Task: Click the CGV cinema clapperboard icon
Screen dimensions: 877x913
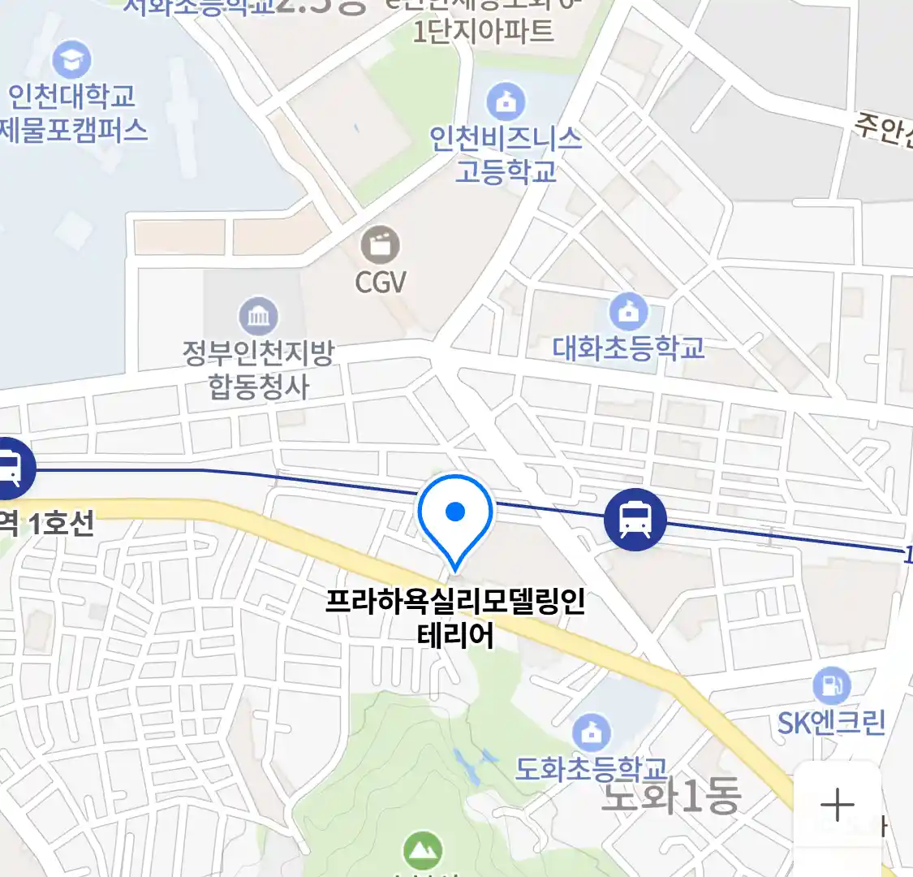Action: pyautogui.click(x=380, y=245)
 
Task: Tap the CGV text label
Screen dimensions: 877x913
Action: pyautogui.click(x=380, y=282)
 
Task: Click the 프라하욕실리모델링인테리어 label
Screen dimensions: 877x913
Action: pyautogui.click(x=455, y=618)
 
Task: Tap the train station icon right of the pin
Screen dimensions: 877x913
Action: pyautogui.click(x=635, y=520)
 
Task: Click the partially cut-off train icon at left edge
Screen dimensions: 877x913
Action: pyautogui.click(x=11, y=469)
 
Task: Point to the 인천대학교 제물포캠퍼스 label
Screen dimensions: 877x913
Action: pyautogui.click(x=73, y=113)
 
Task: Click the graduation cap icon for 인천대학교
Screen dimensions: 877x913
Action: pyautogui.click(x=71, y=59)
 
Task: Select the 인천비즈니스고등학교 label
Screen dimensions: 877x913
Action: pyautogui.click(x=506, y=154)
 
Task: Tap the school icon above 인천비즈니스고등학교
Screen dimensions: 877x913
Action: pyautogui.click(x=506, y=102)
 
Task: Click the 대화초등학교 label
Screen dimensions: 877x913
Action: pyautogui.click(x=628, y=348)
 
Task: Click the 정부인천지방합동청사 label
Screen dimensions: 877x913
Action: pyautogui.click(x=258, y=369)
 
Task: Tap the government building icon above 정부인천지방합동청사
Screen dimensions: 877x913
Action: pyautogui.click(x=258, y=317)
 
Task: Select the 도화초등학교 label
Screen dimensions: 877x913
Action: pyautogui.click(x=591, y=768)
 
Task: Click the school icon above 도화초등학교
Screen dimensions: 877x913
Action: pyautogui.click(x=592, y=732)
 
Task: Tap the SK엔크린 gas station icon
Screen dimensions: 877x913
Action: pyautogui.click(x=831, y=686)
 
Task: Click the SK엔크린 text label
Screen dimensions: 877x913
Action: pyautogui.click(x=831, y=722)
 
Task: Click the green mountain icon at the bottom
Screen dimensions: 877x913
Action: pyautogui.click(x=423, y=851)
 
